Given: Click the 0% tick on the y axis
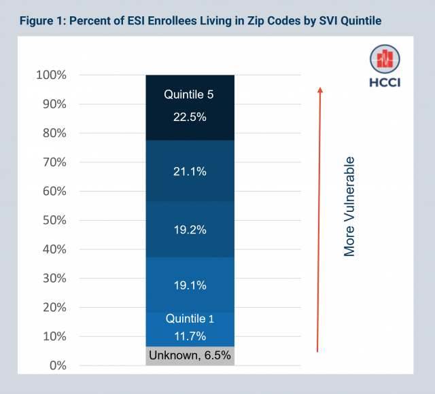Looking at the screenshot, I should tap(58, 365).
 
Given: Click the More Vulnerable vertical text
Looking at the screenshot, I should tap(349, 207).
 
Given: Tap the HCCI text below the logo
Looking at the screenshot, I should tap(385, 85).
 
